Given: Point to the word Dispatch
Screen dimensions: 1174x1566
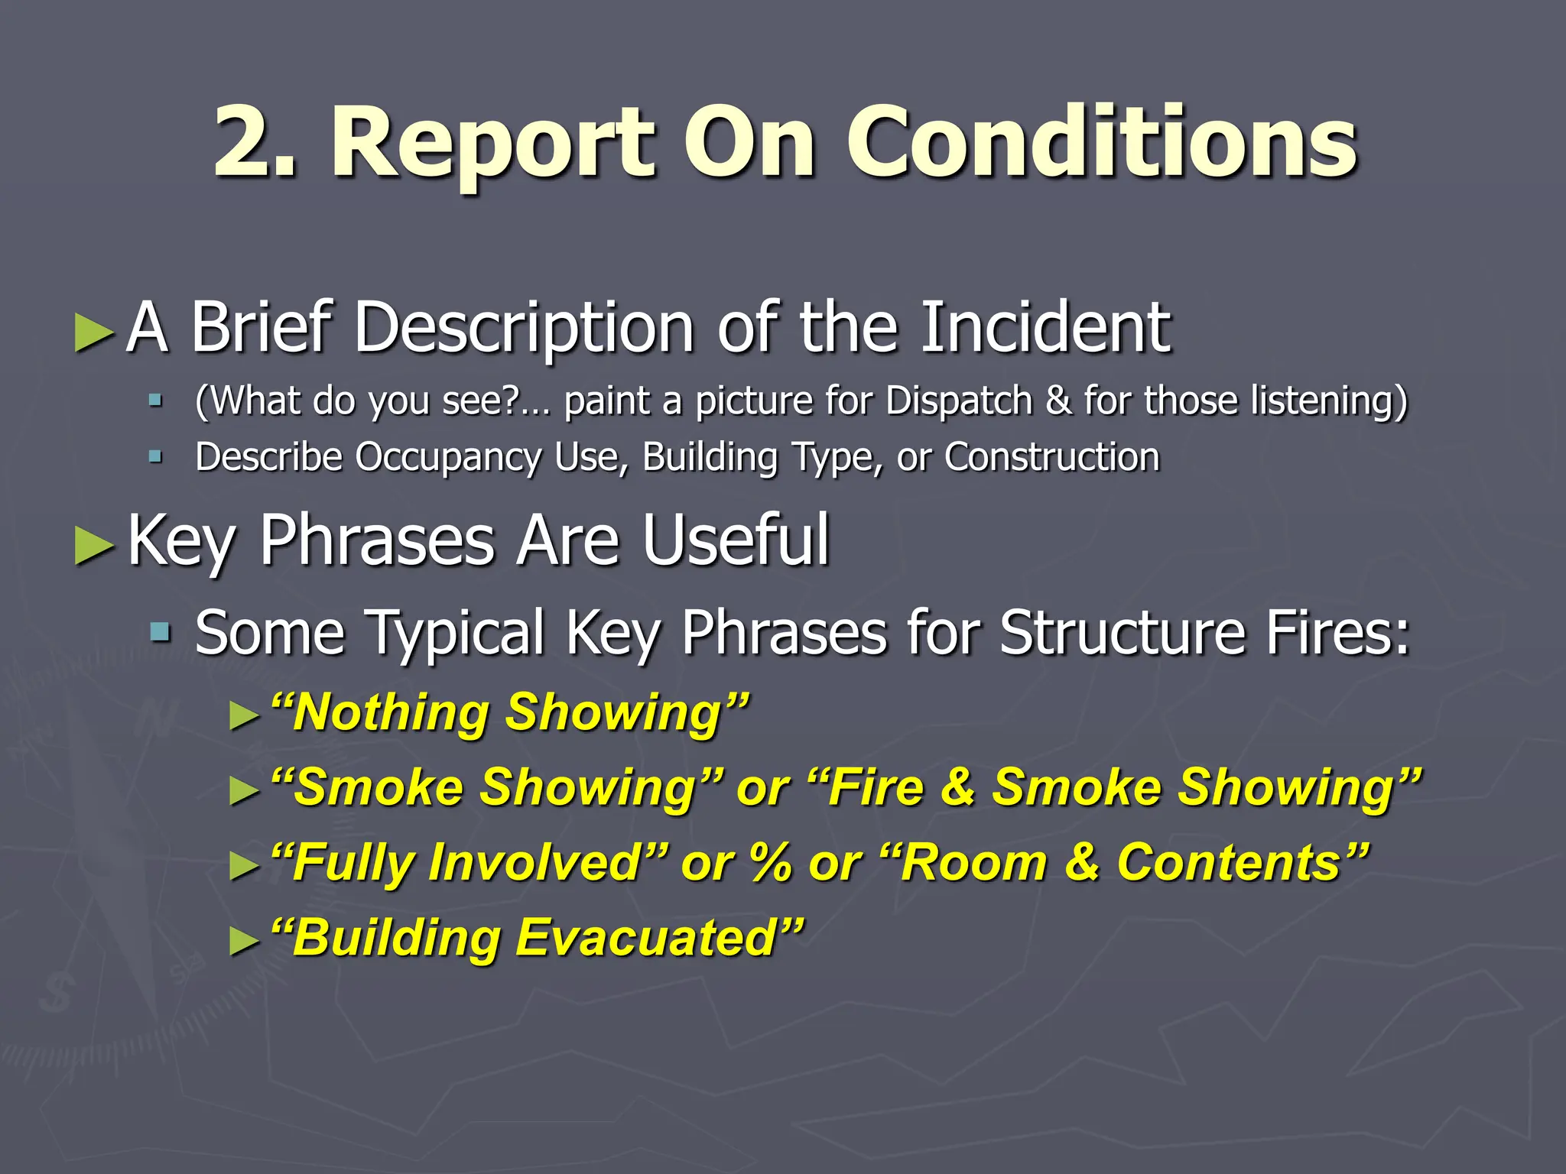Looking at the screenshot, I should (x=959, y=401).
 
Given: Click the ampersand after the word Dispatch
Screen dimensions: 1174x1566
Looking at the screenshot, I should (x=1058, y=401).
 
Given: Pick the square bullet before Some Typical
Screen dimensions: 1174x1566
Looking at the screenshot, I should (x=160, y=632).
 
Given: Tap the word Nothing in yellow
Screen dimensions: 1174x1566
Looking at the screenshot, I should (x=391, y=712).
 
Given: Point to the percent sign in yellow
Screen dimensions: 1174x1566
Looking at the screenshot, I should (x=770, y=862).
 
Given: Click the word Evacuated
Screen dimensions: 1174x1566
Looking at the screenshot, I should (x=647, y=937).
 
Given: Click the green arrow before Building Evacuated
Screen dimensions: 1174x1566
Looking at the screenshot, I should (x=244, y=942).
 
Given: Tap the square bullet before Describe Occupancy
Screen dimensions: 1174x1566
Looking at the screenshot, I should (x=156, y=457).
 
